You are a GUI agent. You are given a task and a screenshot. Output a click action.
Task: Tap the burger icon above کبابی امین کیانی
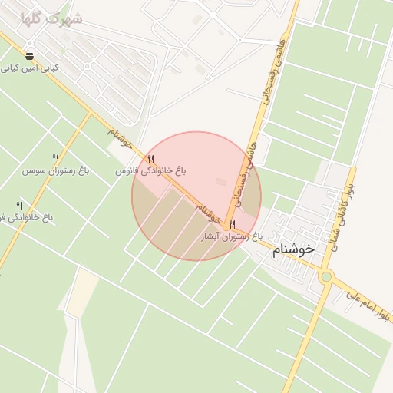[30, 56]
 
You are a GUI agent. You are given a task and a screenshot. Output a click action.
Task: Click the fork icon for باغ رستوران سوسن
[55, 158]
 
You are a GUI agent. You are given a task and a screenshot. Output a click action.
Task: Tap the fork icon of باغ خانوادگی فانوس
[150, 159]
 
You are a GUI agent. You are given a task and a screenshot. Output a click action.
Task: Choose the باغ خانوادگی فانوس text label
[151, 170]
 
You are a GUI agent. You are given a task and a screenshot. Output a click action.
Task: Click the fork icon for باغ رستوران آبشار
[233, 224]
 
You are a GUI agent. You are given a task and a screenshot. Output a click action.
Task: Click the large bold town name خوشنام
[293, 249]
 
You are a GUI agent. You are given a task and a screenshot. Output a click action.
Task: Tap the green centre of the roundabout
[326, 276]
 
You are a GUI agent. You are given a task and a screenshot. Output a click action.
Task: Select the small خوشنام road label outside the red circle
[121, 139]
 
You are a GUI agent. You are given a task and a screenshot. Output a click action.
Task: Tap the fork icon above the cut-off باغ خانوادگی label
[19, 205]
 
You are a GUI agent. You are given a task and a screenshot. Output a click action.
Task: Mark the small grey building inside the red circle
[222, 182]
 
